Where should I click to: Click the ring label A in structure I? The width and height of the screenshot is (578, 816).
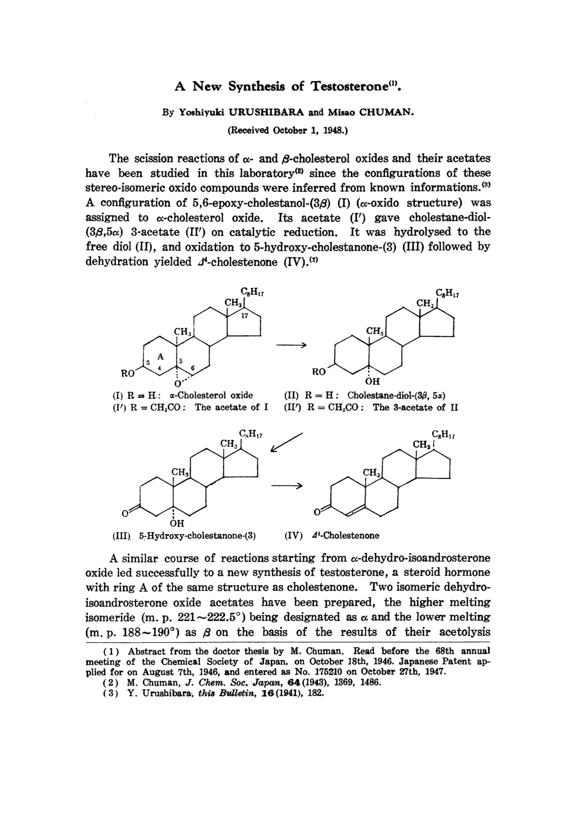point(161,356)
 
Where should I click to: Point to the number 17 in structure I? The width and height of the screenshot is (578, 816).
point(244,316)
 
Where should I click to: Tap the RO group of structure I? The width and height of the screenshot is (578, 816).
point(128,373)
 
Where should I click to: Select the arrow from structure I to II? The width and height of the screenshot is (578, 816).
point(291,345)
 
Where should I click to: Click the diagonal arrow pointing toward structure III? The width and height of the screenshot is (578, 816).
point(287,442)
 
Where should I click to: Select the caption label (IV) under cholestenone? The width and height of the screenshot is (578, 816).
point(293,536)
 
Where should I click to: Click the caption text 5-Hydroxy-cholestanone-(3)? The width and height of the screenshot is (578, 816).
point(198,536)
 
